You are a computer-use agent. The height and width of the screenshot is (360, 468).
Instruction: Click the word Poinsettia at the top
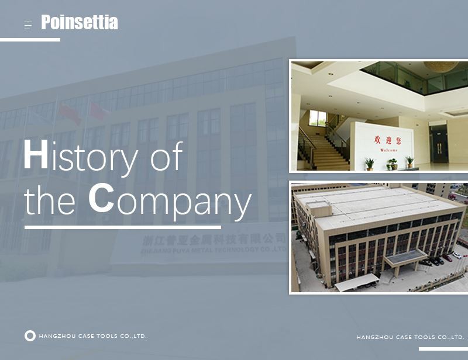coord(80,23)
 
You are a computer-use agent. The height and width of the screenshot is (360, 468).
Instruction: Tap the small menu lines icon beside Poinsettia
coord(27,25)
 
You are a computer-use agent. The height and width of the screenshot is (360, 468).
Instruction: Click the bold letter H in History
coord(36,156)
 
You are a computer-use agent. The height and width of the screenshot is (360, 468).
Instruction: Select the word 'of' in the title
coord(167,157)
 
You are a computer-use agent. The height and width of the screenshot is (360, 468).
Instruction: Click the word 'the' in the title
coord(50,200)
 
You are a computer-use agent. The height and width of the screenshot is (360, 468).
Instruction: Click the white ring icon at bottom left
coord(30,336)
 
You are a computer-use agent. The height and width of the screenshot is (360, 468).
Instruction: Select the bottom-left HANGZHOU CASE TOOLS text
coord(92,336)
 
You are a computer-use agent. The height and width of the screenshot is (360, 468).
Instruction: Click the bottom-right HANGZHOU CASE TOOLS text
coord(410,337)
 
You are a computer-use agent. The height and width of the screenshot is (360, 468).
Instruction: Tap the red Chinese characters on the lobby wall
coord(384,140)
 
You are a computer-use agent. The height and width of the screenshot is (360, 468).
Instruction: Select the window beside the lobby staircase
coord(317,118)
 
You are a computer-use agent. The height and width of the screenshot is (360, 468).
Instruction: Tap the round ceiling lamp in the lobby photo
coord(441,67)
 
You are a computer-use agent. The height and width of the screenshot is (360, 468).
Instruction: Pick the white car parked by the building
coord(456,255)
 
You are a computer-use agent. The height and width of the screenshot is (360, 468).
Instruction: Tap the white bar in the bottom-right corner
coord(443,349)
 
